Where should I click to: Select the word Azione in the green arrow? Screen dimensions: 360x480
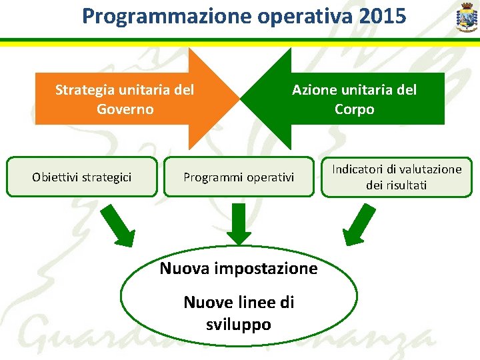(x=313, y=89)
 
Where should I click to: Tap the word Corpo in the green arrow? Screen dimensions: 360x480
(x=354, y=109)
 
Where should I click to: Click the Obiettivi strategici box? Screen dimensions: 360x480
(x=81, y=177)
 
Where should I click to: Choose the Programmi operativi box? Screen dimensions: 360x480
(x=239, y=177)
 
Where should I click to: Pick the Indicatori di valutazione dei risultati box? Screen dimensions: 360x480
(x=396, y=177)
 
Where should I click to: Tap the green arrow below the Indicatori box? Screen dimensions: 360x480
(x=358, y=224)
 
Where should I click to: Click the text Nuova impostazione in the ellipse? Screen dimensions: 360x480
(x=239, y=269)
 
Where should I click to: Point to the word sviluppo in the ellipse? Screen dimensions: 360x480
(x=239, y=325)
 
